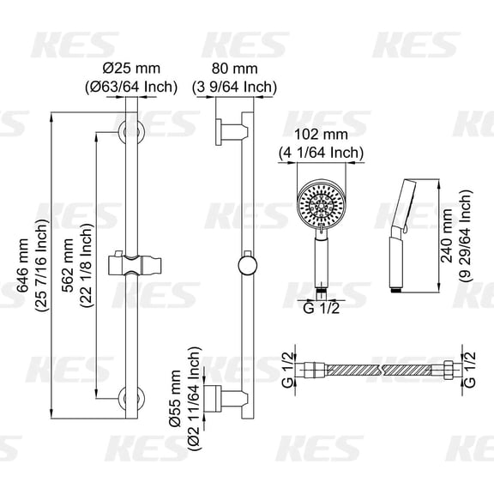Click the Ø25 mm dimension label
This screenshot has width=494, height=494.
coord(132,69)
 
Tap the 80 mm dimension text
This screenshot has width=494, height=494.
coord(234,69)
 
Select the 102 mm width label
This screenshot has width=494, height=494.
coord(321,135)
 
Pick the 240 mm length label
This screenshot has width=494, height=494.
coord(446,236)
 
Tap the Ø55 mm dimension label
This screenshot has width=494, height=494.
coord(175,398)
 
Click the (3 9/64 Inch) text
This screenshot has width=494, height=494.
coord(234,87)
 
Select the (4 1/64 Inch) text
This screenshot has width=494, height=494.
coord(321,153)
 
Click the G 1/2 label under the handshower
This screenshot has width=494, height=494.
coord(321,308)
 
